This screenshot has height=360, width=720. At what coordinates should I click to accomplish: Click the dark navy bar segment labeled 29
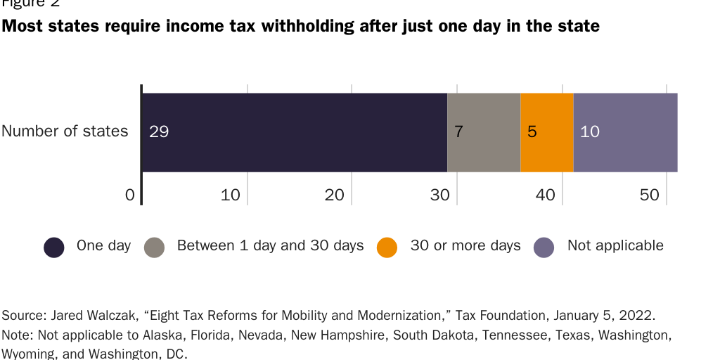(295, 132)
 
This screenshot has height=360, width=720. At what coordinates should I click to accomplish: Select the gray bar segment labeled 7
(484, 132)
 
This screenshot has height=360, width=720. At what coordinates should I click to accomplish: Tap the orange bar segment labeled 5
(547, 132)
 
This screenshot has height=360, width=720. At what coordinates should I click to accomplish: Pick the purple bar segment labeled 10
(625, 132)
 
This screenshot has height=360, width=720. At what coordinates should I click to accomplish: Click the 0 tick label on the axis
(129, 195)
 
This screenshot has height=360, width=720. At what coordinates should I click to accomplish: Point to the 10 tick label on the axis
(231, 195)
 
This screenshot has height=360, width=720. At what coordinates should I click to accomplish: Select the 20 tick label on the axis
(335, 195)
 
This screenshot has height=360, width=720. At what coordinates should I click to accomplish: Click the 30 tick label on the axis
(440, 195)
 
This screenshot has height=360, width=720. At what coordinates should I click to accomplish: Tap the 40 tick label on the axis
(546, 195)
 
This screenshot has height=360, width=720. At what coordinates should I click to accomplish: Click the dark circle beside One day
(54, 247)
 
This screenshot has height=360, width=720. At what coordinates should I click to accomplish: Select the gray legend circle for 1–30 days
(154, 247)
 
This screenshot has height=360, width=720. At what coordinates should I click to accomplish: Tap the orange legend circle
(387, 247)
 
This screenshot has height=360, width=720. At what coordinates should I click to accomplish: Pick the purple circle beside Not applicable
(544, 247)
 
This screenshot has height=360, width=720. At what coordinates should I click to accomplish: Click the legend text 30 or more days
(465, 245)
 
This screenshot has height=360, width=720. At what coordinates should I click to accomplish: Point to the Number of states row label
(65, 131)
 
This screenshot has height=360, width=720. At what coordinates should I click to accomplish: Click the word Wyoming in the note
(29, 354)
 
